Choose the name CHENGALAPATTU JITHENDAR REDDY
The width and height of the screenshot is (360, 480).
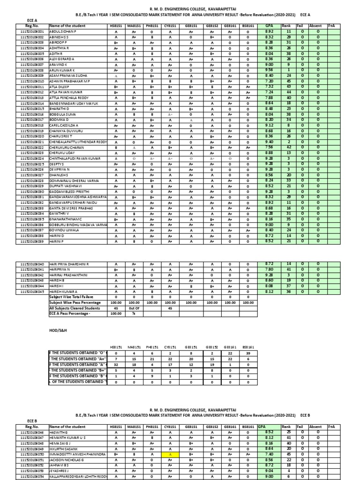click(x=78, y=142)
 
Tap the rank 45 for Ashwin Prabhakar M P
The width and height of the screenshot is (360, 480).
click(x=289, y=81)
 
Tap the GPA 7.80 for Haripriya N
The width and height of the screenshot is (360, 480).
click(x=269, y=270)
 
